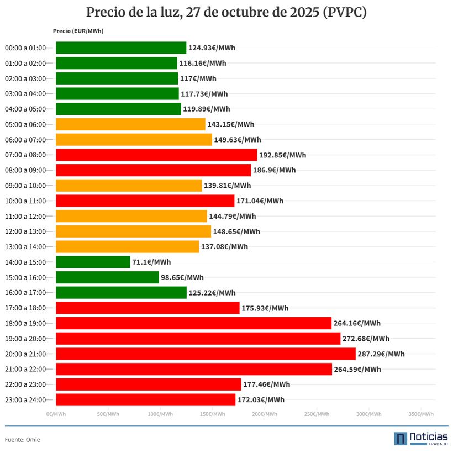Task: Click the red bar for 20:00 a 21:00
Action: click(206, 354)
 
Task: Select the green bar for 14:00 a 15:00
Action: click(93, 262)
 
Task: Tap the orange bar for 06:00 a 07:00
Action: click(134, 140)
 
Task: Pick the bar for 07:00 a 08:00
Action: click(156, 155)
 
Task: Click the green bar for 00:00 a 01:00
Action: click(121, 48)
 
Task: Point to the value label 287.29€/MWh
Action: click(381, 354)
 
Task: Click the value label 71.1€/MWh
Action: click(151, 262)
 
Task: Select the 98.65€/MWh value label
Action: click(182, 277)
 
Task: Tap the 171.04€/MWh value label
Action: click(260, 201)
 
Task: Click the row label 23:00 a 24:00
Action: click(29, 400)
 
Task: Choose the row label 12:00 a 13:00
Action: click(29, 231)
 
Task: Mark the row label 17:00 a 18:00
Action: click(29, 308)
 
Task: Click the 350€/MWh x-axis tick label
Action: click(421, 414)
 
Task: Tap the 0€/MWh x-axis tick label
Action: click(56, 414)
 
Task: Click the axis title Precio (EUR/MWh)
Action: click(78, 31)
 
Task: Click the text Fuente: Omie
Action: click(22, 440)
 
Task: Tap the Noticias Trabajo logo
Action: click(420, 439)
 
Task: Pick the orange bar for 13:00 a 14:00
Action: click(127, 247)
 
